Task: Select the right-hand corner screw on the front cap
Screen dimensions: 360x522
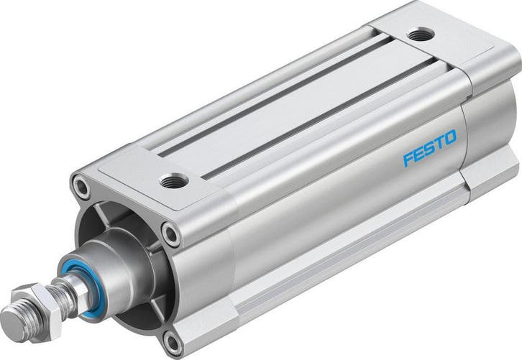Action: [x=171, y=234]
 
